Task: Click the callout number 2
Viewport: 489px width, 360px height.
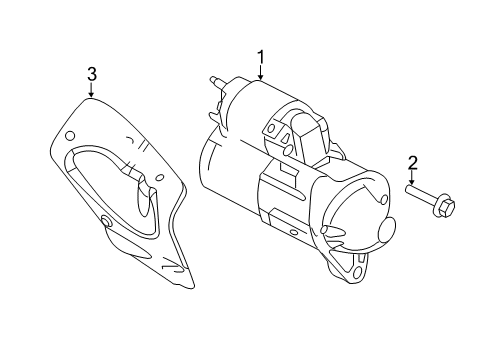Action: [411, 162]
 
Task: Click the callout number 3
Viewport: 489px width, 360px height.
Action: [91, 74]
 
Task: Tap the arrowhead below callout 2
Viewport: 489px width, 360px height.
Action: [411, 183]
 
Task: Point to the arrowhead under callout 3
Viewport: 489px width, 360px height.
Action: [91, 97]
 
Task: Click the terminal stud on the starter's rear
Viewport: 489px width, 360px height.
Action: [215, 79]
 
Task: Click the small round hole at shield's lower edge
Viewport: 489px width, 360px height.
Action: [106, 221]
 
